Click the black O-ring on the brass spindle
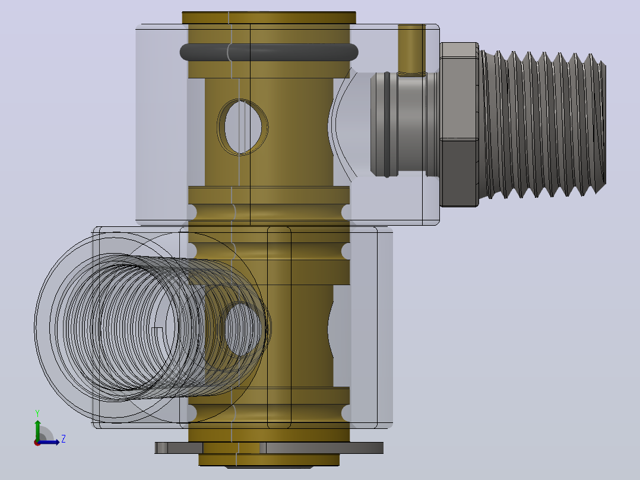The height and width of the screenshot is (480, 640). (x=269, y=52)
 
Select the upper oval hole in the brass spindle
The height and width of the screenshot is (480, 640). (x=243, y=127)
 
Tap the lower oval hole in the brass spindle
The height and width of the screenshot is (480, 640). (x=243, y=329)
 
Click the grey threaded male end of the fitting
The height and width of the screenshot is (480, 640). (x=543, y=124)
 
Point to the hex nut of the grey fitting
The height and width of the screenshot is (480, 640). (x=459, y=124)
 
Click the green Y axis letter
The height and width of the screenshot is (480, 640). (x=37, y=413)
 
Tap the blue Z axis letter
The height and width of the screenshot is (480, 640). (x=64, y=439)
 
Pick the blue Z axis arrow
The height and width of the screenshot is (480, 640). (x=49, y=442)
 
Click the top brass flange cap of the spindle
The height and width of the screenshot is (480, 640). (x=269, y=18)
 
